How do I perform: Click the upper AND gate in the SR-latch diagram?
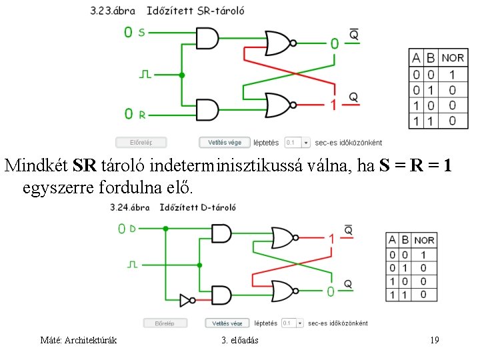207,38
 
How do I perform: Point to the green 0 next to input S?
128,32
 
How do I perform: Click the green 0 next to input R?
129,114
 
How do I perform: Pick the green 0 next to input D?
121,229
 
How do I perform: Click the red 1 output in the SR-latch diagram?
334,104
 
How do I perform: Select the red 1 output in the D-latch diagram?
331,238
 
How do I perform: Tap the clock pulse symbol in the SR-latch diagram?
145,73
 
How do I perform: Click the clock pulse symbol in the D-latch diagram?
132,265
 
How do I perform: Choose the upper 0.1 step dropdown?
297,142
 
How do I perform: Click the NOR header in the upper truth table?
453,58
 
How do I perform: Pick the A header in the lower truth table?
391,240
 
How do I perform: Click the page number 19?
435,341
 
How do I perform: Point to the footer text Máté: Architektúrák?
79,341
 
